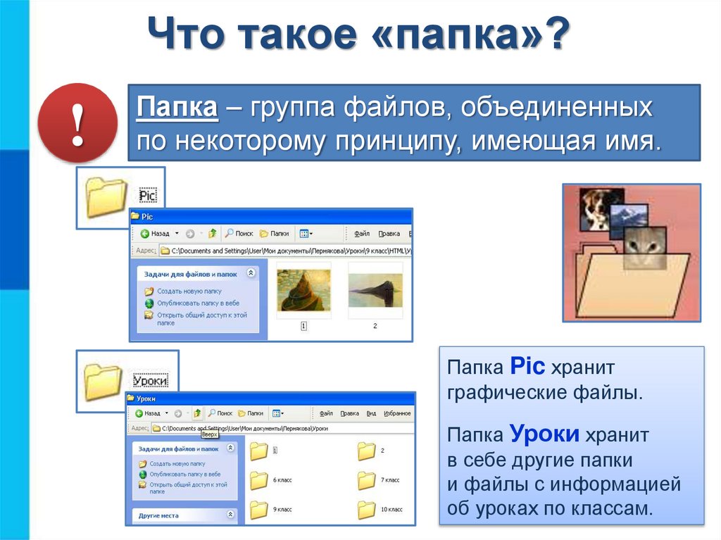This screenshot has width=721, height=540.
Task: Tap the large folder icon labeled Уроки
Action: (104, 381)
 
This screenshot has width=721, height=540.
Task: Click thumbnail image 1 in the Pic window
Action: (303, 290)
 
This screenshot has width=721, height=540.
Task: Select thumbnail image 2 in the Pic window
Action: (375, 289)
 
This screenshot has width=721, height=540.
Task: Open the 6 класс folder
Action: (259, 480)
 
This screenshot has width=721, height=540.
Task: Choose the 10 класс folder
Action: (367, 509)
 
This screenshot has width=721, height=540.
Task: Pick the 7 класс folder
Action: (367, 480)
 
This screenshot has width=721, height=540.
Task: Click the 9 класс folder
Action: (259, 509)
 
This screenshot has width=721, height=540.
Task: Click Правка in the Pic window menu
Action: (389, 234)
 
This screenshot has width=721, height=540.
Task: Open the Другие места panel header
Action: (159, 515)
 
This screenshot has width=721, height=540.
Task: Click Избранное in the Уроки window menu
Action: (397, 413)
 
